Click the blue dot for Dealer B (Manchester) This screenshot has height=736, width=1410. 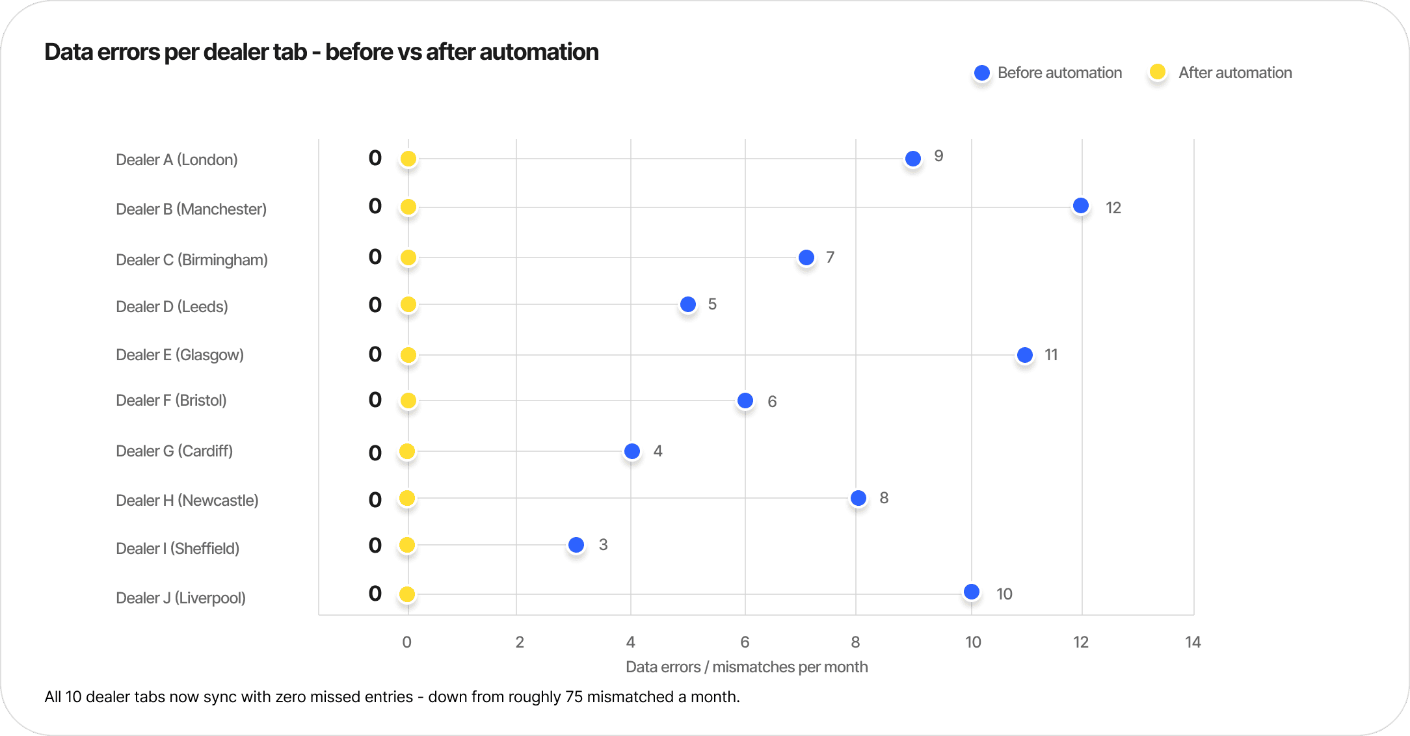pos(1081,205)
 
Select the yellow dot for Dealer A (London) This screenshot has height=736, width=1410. pos(408,159)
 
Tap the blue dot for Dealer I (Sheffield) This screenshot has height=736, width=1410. pos(576,545)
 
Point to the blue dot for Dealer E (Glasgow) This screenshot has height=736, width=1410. pos(1025,355)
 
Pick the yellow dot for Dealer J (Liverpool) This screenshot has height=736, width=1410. pos(407,594)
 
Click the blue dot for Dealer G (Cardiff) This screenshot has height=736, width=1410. pos(632,451)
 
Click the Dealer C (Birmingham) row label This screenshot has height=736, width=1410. pos(192,260)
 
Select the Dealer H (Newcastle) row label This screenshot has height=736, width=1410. pos(187,501)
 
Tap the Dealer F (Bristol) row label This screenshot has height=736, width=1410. pos(171,401)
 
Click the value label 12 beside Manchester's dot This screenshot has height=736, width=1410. pos(1113,208)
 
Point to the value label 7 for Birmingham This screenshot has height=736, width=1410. pos(830,257)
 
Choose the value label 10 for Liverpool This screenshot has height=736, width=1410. pos(1004,594)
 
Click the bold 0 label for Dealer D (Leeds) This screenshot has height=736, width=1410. pos(375,305)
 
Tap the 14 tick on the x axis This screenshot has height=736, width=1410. pos(1193,642)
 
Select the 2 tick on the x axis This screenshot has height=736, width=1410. pos(520,642)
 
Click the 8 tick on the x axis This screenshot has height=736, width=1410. pos(855,642)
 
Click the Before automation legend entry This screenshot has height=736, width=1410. pos(1048,73)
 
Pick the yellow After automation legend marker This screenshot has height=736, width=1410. pos(1158,72)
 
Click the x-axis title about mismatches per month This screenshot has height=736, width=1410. pos(747,667)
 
